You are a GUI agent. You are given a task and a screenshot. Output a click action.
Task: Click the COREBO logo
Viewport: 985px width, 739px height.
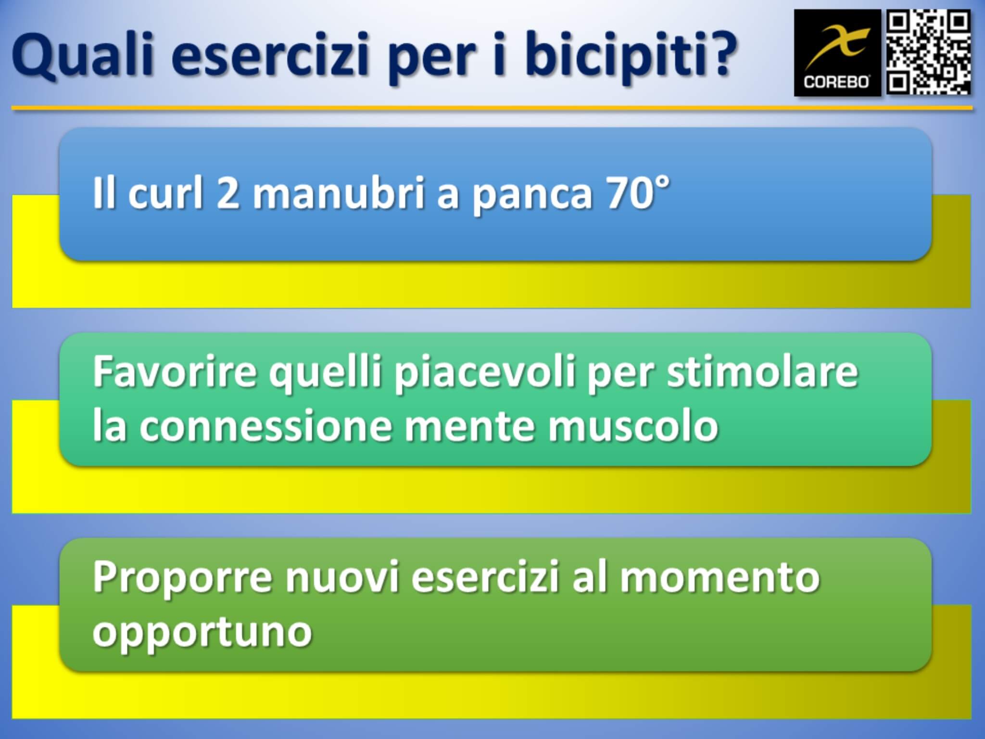pos(837,53)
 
